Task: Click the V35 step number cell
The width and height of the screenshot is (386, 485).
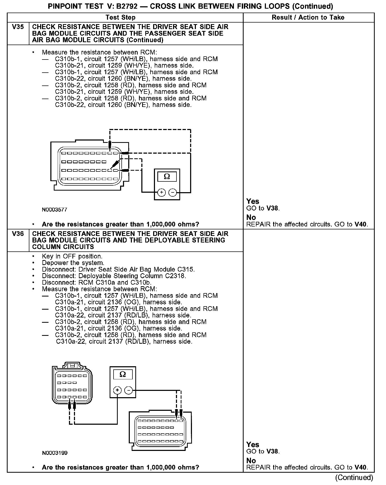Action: tap(18, 27)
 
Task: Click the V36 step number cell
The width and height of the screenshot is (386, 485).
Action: tap(18, 234)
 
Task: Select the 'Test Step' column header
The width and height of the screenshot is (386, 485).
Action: tap(120, 18)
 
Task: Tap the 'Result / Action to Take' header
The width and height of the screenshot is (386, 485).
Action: tap(308, 18)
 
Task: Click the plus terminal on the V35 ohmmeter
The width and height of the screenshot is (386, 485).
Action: tap(162, 192)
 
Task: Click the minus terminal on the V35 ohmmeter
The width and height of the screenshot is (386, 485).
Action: tap(173, 192)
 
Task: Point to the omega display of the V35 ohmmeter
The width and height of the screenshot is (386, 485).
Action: tap(167, 177)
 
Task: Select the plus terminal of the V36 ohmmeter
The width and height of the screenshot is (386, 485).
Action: tap(117, 390)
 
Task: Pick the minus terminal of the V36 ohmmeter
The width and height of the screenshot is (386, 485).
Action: tap(128, 390)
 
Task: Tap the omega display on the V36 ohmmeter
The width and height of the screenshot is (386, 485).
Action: tap(122, 375)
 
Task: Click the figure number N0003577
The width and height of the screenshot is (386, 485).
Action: tap(55, 210)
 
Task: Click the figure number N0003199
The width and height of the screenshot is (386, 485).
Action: tap(55, 453)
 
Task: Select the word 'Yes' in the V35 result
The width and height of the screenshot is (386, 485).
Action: tap(253, 201)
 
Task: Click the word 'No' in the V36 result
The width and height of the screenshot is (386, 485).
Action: tap(251, 461)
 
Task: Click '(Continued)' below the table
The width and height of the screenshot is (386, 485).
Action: tap(354, 477)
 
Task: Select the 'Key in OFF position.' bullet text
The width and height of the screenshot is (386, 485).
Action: tap(72, 256)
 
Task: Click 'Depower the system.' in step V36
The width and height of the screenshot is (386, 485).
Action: tap(73, 263)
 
